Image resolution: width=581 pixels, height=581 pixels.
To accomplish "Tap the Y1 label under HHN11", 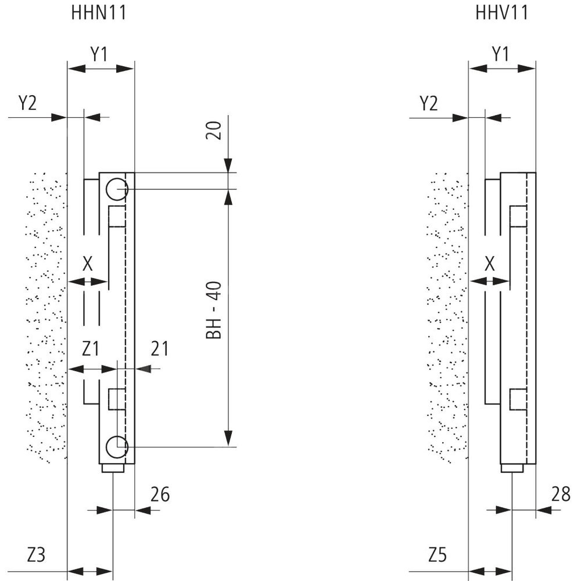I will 99,54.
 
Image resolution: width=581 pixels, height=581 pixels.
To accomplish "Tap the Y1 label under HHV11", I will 500,54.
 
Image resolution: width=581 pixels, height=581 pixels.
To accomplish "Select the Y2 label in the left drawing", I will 27,103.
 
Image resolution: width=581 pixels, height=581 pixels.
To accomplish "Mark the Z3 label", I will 36,555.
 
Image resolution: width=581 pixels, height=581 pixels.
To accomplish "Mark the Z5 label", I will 437,555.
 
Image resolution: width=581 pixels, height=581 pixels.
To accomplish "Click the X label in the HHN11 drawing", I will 88,264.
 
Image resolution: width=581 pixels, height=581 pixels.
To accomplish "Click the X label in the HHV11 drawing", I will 490,264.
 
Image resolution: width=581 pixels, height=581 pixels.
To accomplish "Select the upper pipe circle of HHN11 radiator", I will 116,188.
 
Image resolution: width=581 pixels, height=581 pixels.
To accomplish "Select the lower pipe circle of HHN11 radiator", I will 116,446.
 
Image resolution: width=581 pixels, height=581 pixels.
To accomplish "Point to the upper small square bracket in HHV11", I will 518,217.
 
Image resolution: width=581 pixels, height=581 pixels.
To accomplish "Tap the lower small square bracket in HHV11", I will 518,400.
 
